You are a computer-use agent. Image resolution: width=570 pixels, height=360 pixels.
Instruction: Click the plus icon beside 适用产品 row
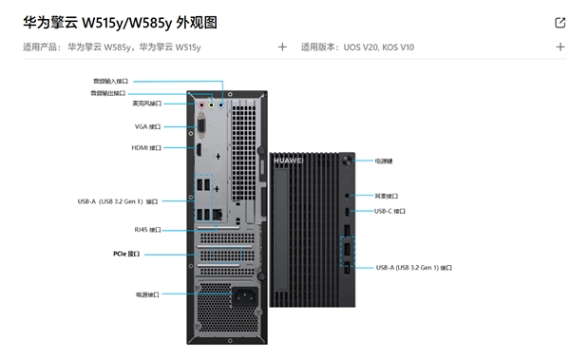point(282,47)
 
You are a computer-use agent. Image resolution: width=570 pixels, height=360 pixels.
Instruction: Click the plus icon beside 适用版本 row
point(560,47)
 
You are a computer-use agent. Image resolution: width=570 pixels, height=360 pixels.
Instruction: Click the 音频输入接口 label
point(110,82)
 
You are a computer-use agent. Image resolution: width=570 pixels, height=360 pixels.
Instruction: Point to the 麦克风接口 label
point(146,104)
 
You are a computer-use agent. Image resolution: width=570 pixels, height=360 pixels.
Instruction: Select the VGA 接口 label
point(147,126)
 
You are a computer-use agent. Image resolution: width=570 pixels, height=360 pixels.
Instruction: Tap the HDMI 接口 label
point(146,148)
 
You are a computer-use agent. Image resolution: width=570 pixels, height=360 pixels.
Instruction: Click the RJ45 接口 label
point(147,229)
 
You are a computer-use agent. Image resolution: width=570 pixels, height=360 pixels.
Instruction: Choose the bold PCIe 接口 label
point(125,254)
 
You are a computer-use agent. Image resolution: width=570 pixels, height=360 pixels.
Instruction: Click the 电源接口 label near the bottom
point(147,294)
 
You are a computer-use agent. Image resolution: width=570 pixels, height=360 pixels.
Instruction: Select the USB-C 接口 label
point(389,211)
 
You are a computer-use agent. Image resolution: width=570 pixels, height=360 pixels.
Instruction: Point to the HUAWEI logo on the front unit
point(288,161)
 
